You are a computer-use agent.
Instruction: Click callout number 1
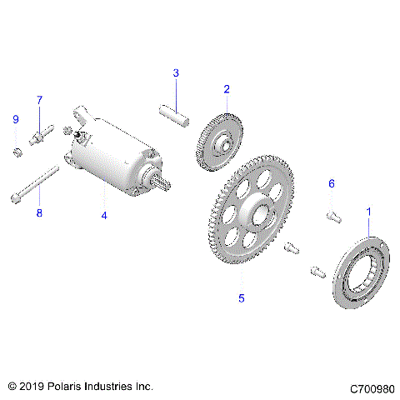[368, 212]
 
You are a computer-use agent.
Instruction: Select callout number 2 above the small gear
[226, 88]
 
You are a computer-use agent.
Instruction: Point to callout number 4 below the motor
[104, 216]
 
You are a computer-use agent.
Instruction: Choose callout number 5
[242, 297]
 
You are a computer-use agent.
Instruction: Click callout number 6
[331, 183]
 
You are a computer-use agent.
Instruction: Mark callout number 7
[38, 100]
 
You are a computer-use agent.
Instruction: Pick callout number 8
[37, 214]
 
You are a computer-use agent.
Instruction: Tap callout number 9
[15, 120]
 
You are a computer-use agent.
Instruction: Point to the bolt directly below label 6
[332, 216]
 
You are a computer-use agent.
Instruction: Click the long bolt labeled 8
[33, 185]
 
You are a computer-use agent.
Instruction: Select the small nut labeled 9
[16, 151]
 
